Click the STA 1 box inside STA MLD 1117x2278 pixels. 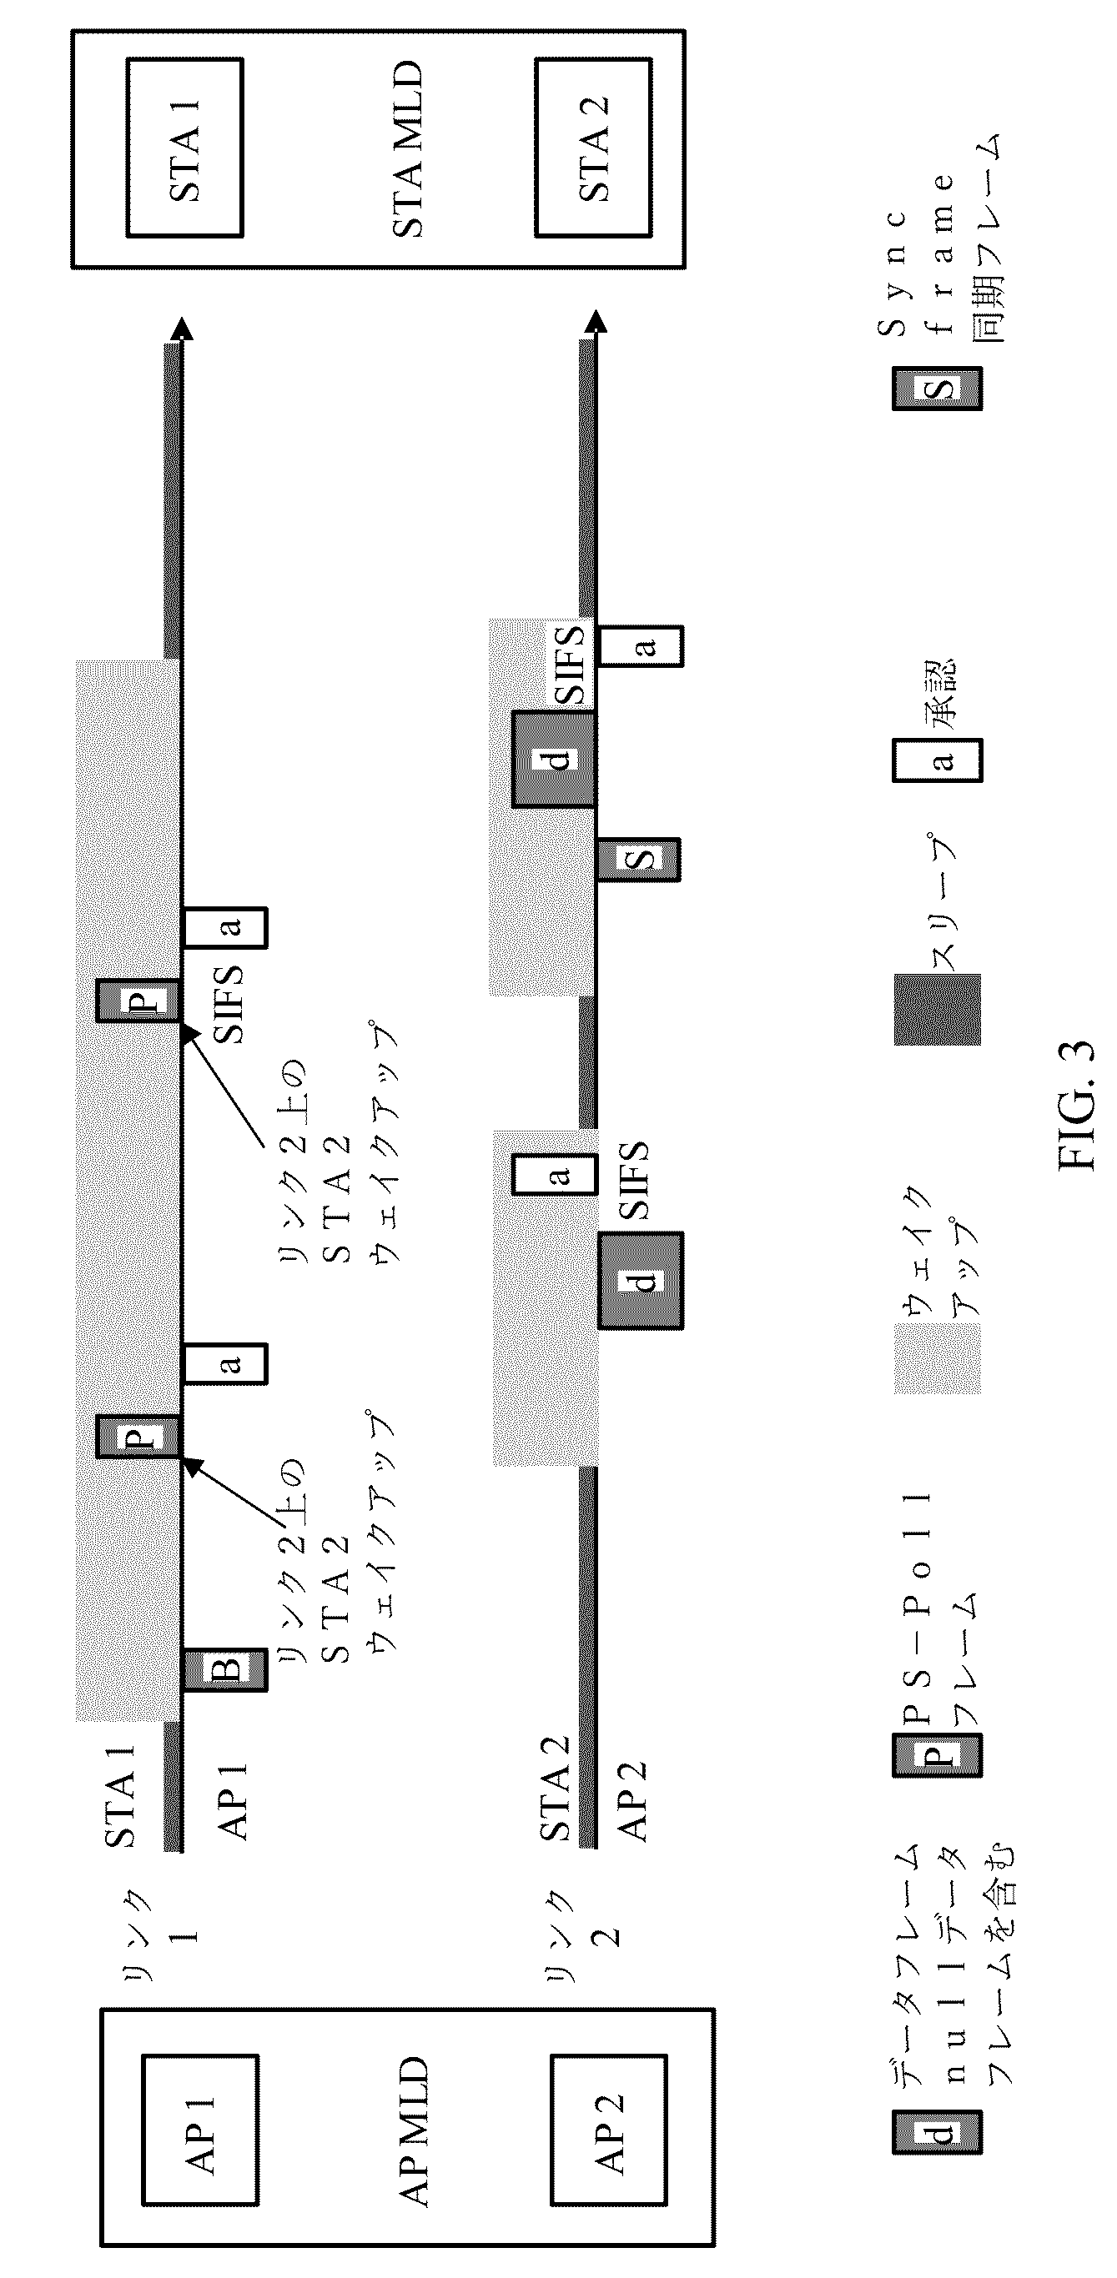(x=185, y=148)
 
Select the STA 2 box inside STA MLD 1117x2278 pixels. (x=593, y=148)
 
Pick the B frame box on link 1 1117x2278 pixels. (x=224, y=1670)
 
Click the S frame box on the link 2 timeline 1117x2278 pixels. (x=637, y=859)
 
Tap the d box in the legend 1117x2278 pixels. (x=937, y=2132)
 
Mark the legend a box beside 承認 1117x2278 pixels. (x=937, y=760)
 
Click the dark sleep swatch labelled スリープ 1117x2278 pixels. (x=937, y=1009)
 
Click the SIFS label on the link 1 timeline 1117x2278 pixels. (x=227, y=1005)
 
